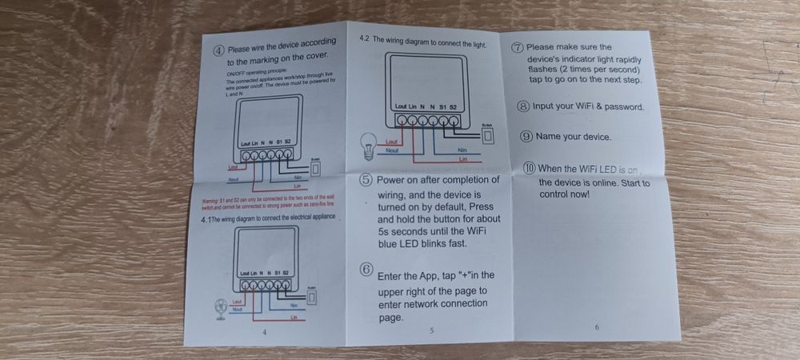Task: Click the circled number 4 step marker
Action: point(218,50)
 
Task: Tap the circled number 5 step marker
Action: point(366,180)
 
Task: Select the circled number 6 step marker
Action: point(366,270)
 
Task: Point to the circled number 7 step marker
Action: point(518,47)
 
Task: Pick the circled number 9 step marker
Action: point(526,136)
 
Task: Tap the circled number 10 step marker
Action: point(529,168)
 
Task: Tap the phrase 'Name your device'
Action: point(574,137)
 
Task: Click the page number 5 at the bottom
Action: point(431,330)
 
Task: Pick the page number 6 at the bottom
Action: point(597,327)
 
